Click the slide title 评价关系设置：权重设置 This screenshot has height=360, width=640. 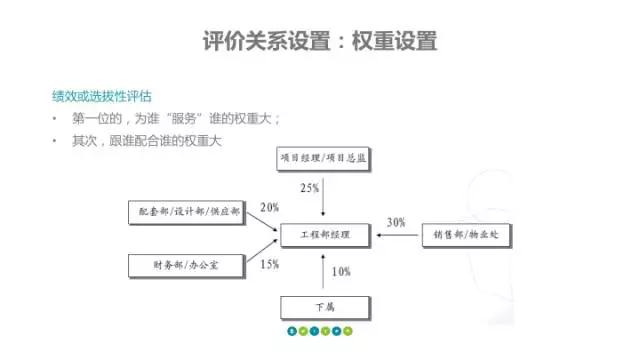pyautogui.click(x=320, y=42)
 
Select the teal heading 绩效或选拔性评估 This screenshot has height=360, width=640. pyautogui.click(x=101, y=97)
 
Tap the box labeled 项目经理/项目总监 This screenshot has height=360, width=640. pyautogui.click(x=324, y=158)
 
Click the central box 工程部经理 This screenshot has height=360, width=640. pyautogui.click(x=324, y=236)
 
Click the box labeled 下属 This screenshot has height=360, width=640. pyautogui.click(x=324, y=306)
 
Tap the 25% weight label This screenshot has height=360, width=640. pyautogui.click(x=310, y=188)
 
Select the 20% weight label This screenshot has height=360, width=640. pyautogui.click(x=269, y=208)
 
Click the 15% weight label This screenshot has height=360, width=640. pyautogui.click(x=269, y=264)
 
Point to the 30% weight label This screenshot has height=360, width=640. pyautogui.click(x=396, y=222)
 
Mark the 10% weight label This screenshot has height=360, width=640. pyautogui.click(x=341, y=272)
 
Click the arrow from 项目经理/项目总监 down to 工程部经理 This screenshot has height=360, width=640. pyautogui.click(x=324, y=195)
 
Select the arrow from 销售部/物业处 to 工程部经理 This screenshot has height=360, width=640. pyautogui.click(x=395, y=236)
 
